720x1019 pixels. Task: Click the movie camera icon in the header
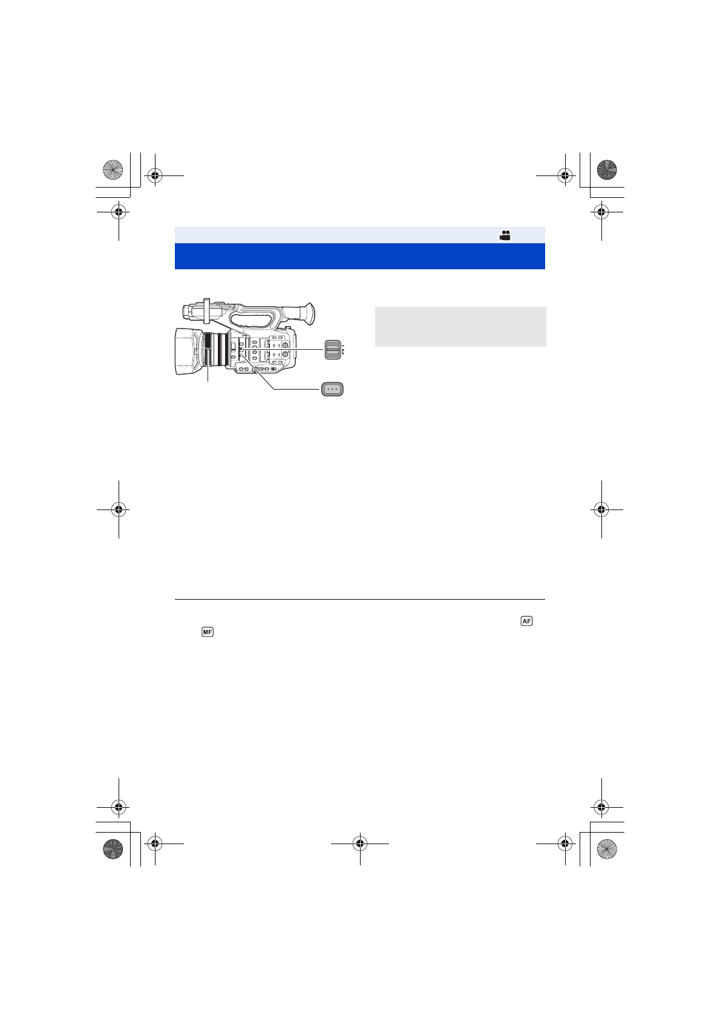click(505, 236)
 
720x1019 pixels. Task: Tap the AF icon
click(526, 621)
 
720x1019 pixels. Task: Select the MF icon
click(208, 632)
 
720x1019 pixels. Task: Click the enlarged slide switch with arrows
click(332, 349)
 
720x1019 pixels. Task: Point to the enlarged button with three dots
click(332, 389)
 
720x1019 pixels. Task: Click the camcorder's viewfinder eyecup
click(308, 313)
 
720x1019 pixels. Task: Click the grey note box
click(460, 326)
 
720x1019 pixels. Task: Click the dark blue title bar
click(359, 256)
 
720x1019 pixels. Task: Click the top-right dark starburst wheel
click(607, 170)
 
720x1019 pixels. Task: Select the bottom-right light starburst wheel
click(607, 849)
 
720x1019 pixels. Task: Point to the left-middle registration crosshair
click(119, 509)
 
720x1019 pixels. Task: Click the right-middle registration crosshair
click(601, 509)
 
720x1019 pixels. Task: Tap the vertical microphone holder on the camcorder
click(206, 310)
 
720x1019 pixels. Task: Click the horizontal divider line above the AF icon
click(359, 600)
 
